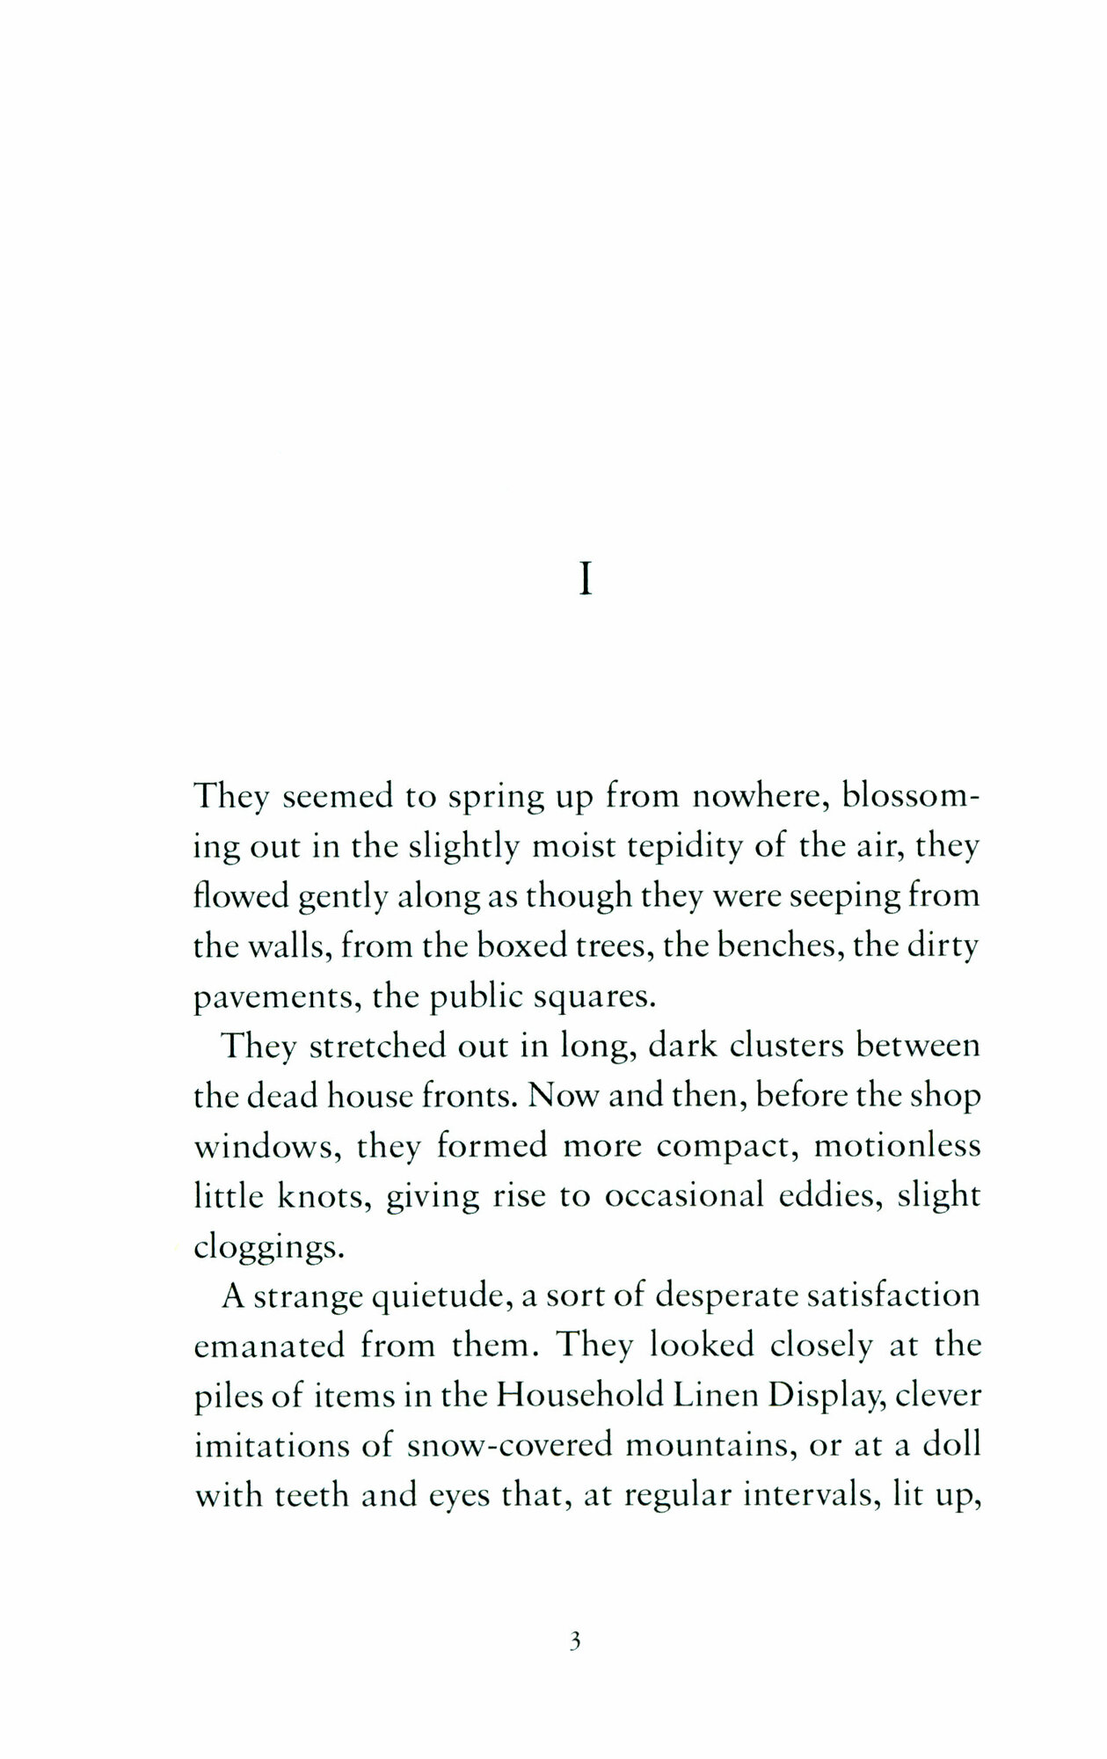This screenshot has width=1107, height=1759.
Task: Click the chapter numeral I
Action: [x=585, y=581]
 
